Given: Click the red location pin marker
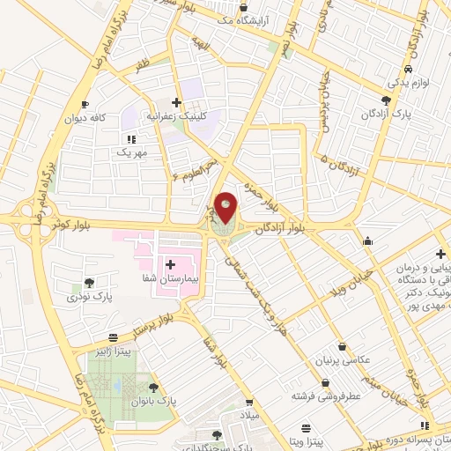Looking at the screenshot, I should point(226,209).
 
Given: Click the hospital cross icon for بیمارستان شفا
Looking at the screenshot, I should point(170,264).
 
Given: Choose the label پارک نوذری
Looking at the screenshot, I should point(91,297).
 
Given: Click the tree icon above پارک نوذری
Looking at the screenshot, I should point(89,283).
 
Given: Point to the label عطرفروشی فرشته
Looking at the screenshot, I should point(327,397).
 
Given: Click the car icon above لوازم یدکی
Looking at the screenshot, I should point(408,70).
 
